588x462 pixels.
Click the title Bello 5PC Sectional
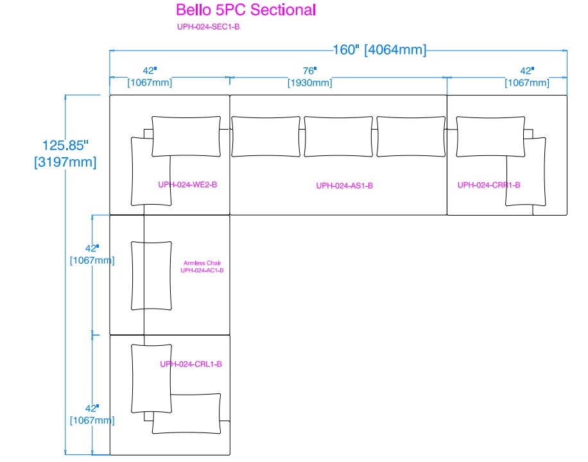tap(246, 10)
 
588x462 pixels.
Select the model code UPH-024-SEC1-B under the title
tap(209, 27)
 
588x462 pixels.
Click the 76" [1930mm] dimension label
tap(310, 77)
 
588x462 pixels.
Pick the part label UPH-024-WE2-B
tap(187, 185)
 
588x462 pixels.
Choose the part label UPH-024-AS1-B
tap(344, 186)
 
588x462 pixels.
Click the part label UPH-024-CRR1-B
tap(489, 185)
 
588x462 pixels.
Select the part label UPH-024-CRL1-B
tap(191, 364)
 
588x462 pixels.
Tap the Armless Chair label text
tap(202, 263)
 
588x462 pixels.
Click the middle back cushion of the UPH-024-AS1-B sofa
tap(338, 136)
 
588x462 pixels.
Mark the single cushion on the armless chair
tap(151, 275)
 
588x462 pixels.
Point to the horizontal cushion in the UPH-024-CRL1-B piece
tap(187, 413)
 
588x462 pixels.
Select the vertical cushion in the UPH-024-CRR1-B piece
tap(526, 171)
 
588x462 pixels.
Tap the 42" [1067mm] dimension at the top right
tap(527, 77)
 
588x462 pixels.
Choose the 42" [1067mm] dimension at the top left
tap(150, 77)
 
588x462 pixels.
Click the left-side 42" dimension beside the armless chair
tap(92, 254)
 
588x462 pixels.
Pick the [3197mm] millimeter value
tap(65, 162)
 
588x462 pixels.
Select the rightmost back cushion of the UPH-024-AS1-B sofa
tap(411, 136)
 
